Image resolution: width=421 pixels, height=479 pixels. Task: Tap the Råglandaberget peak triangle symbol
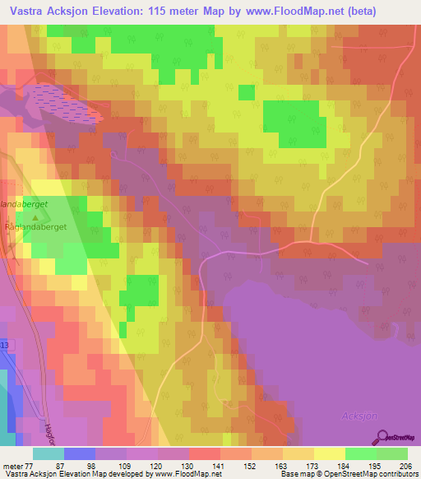pos(34,218)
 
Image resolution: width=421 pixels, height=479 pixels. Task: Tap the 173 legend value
pos(312,465)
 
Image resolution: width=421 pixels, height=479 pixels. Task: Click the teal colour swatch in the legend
pos(48,453)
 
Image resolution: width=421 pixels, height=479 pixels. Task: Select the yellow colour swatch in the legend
pos(329,453)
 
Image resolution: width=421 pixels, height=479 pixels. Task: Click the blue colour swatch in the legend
pos(80,453)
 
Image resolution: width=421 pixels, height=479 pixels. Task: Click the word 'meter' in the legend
pos(12,465)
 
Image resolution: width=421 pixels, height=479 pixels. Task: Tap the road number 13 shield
pos(4,344)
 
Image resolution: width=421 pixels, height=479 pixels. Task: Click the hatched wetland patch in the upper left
pos(58,102)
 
